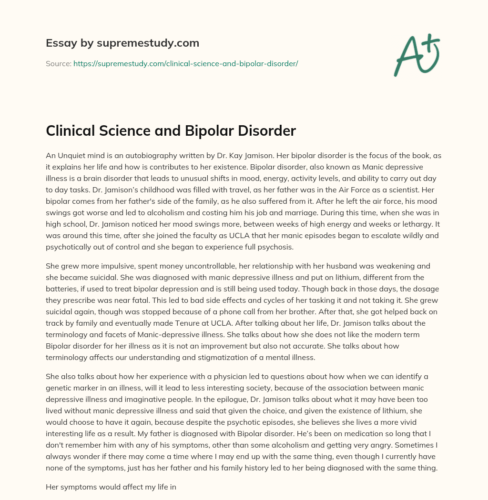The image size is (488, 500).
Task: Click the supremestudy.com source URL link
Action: tap(185, 63)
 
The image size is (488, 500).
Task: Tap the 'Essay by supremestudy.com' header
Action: tap(122, 43)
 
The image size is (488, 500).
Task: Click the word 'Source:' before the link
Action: tap(59, 63)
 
